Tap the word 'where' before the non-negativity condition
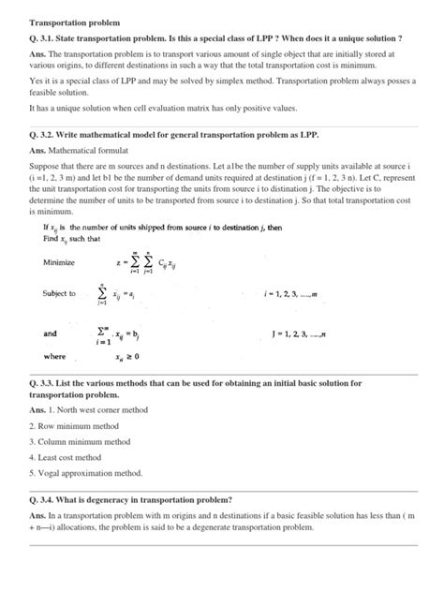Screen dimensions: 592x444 [54, 357]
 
